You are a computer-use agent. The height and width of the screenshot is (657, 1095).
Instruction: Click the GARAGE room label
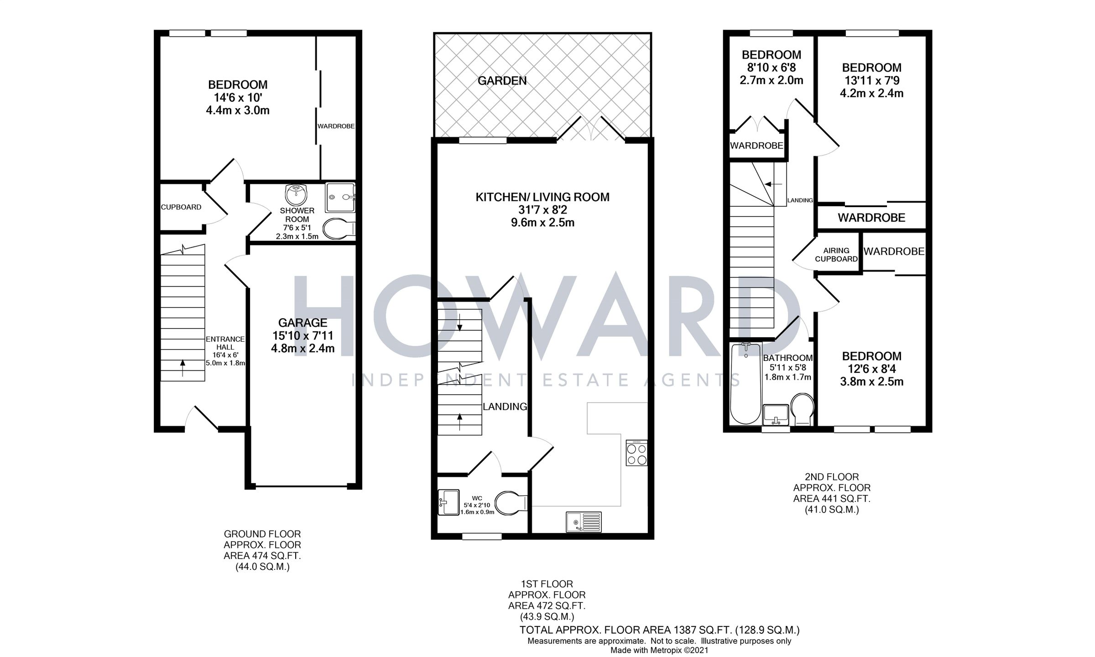[x=302, y=323]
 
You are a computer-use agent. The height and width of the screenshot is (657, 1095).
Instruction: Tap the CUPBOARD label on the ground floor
[x=181, y=207]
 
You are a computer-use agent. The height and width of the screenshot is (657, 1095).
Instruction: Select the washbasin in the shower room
[x=296, y=195]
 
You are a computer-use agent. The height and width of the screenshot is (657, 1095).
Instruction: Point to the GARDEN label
[x=502, y=81]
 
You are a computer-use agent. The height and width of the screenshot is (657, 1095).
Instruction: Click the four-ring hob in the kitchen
[x=636, y=453]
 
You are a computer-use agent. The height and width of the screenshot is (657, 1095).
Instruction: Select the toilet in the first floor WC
[x=511, y=503]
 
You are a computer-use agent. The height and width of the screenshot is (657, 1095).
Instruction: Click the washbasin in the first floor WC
[x=448, y=502]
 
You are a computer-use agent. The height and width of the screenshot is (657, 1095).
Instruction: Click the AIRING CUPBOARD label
[x=836, y=255]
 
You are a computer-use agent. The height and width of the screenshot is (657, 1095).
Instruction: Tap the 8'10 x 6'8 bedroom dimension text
[x=771, y=68]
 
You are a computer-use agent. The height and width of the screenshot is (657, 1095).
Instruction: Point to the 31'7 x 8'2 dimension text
[x=542, y=210]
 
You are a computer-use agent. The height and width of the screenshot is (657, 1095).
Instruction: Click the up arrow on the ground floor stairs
[x=183, y=367]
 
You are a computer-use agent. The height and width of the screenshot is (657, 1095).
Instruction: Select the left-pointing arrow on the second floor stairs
[x=773, y=184]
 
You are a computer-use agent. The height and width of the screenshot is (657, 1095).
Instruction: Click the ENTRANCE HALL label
[x=225, y=343]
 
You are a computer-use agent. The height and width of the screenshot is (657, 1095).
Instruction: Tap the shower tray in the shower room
[x=340, y=198]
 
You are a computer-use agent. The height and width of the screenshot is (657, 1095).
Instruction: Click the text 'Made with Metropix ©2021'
[x=659, y=650]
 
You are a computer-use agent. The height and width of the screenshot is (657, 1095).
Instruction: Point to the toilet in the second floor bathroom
[x=802, y=408]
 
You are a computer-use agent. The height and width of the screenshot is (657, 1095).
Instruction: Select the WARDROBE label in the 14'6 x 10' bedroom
[x=336, y=126]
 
